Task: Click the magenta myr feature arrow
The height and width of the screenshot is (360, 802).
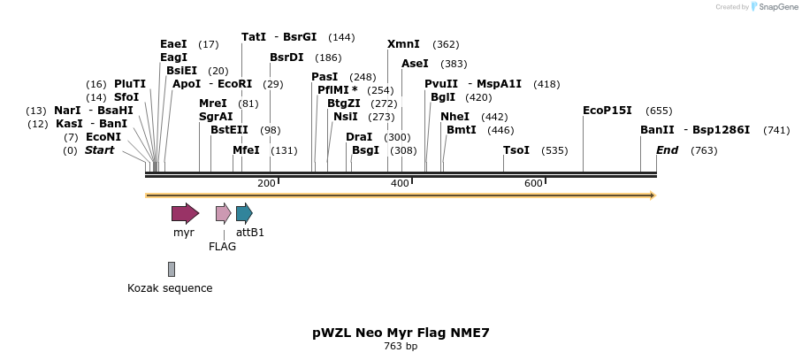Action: pos(185,213)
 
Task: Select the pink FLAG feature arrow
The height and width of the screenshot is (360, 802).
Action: pos(223,213)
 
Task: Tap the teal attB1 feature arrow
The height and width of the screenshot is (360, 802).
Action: pos(244,213)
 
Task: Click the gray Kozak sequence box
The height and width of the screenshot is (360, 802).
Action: pos(172,269)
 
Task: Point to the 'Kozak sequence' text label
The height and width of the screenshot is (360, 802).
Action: pos(170,288)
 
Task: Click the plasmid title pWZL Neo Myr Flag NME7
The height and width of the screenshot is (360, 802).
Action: pos(401,333)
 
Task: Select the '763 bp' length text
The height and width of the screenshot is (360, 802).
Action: pos(401,347)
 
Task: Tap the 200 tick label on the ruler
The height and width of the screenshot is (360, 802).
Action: pos(266,183)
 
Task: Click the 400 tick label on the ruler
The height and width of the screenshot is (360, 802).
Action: pos(400,183)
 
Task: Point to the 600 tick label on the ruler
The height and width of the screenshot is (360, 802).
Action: pos(533,183)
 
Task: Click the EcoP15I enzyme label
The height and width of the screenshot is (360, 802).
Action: pos(607,111)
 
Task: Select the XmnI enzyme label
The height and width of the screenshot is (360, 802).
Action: pos(403,44)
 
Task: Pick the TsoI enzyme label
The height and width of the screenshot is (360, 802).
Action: pos(516,150)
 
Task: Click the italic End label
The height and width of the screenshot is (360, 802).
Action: pos(668,150)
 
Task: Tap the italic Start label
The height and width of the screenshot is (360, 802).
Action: pos(100,150)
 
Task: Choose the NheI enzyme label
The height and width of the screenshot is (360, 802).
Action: pos(454,117)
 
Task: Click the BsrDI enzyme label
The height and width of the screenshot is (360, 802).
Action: pos(286,57)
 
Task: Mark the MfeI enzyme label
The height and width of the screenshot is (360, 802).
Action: pos(246,150)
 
